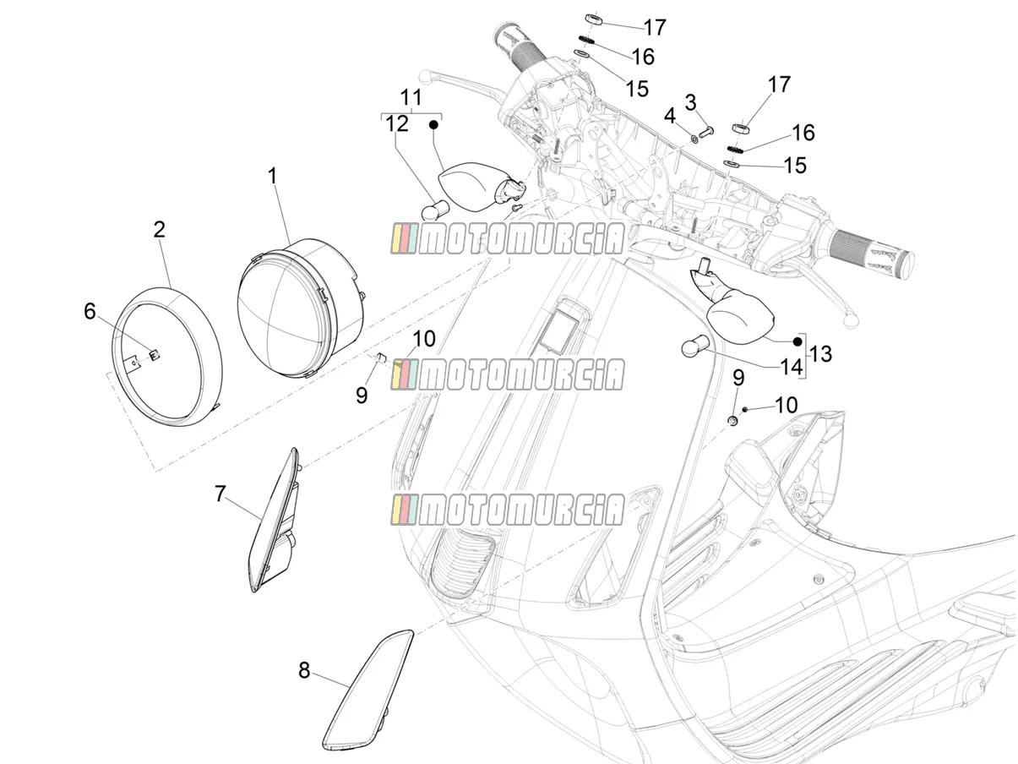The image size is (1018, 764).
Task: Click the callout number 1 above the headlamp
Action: (x=273, y=177)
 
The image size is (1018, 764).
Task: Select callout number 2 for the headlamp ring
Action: (x=159, y=230)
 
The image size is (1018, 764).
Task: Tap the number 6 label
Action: (x=90, y=311)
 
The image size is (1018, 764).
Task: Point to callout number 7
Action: (x=220, y=494)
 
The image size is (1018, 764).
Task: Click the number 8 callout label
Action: (x=304, y=670)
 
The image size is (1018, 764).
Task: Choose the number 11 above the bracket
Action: (x=411, y=98)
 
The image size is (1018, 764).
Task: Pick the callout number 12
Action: (x=397, y=124)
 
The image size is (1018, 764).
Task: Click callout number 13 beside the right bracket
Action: (x=820, y=354)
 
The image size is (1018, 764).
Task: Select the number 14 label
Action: (x=792, y=368)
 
